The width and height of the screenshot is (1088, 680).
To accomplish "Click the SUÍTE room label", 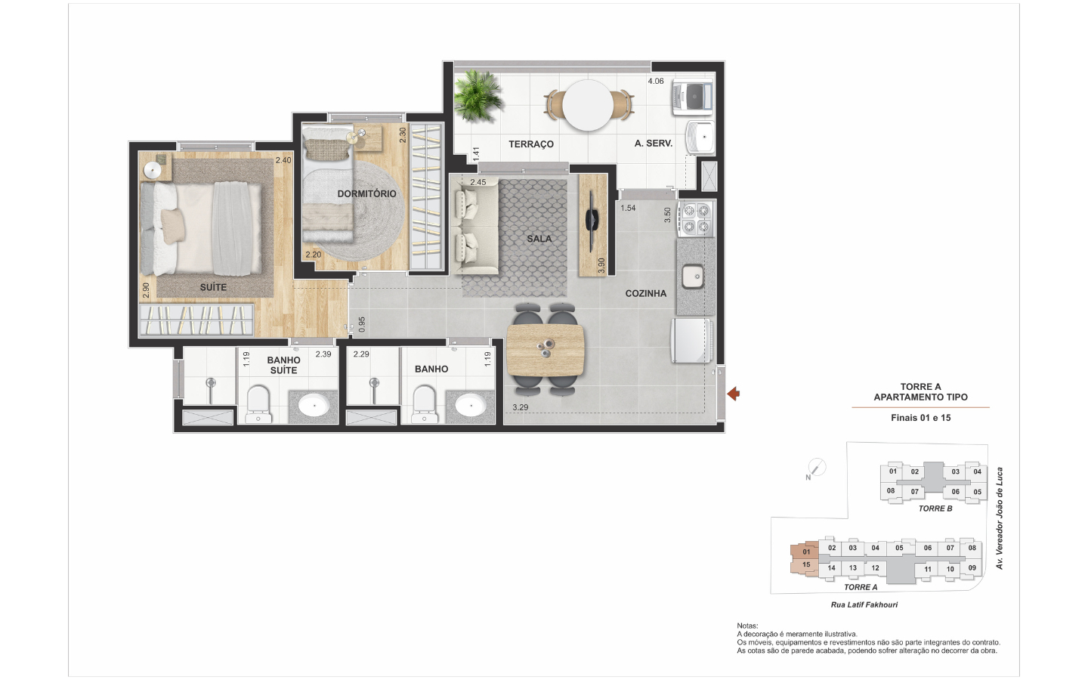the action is point(213,287).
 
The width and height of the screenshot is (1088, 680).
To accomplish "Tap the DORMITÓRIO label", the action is point(366,193).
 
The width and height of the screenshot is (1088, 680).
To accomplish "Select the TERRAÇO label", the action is point(531,144).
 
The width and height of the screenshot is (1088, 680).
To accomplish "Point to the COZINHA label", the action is point(645,293).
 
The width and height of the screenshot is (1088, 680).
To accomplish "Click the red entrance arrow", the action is point(734,394).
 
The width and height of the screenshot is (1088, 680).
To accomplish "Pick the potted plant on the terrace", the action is point(478,96).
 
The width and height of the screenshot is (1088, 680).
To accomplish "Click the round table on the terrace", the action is point(588,105).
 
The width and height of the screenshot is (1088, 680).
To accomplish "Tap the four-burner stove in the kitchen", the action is point(697,218).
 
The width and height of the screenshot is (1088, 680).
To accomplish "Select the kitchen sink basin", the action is point(692,277).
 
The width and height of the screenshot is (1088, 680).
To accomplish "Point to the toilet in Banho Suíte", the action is point(258,403).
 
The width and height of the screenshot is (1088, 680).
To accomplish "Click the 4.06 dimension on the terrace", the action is point(656,81).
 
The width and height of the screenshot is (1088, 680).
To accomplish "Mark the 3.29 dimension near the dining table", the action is point(520,407).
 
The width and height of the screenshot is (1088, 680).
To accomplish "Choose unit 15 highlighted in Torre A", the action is point(806,565).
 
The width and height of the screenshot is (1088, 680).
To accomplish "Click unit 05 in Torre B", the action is point(977,492).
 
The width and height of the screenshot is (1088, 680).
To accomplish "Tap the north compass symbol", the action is point(816,468).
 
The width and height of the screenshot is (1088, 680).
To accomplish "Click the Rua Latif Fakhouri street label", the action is point(864,604).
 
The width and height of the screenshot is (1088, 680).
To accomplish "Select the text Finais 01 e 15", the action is point(920,418).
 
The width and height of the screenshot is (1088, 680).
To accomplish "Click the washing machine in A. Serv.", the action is point(693,98).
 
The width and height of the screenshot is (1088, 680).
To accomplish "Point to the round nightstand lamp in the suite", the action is point(153,171).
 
